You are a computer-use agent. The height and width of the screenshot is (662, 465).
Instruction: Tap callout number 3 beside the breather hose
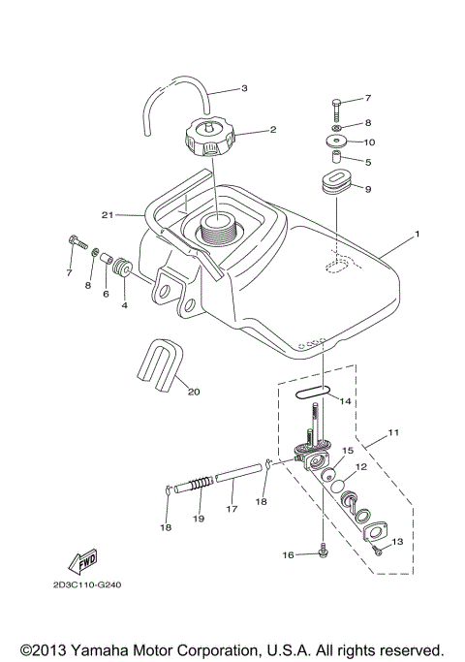244,88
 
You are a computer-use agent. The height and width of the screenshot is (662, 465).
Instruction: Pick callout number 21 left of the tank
108,214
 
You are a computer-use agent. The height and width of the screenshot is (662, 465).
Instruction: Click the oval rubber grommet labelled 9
335,184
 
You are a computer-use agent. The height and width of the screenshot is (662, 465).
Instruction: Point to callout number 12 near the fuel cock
359,467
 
